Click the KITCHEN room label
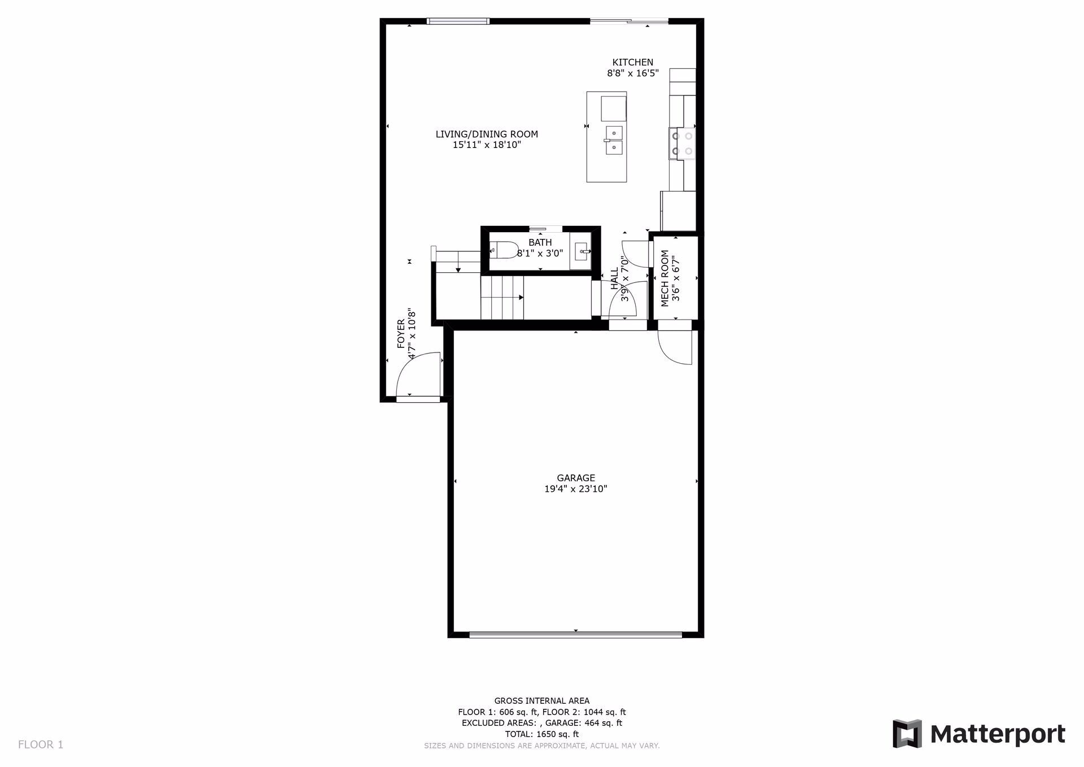click(632, 62)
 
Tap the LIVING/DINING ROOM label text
click(487, 134)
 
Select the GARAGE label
click(575, 478)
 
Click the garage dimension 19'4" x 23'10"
click(575, 489)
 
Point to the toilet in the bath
click(504, 250)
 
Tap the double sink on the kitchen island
click(614, 140)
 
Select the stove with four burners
click(682, 143)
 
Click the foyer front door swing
click(418, 375)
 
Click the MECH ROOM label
click(665, 278)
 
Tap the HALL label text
click(614, 279)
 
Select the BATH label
click(540, 242)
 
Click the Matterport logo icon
click(907, 734)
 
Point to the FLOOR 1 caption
click(41, 744)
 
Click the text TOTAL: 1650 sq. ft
click(541, 734)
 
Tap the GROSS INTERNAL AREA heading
click(541, 701)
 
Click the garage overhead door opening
click(575, 635)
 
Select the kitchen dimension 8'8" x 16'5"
click(632, 73)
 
